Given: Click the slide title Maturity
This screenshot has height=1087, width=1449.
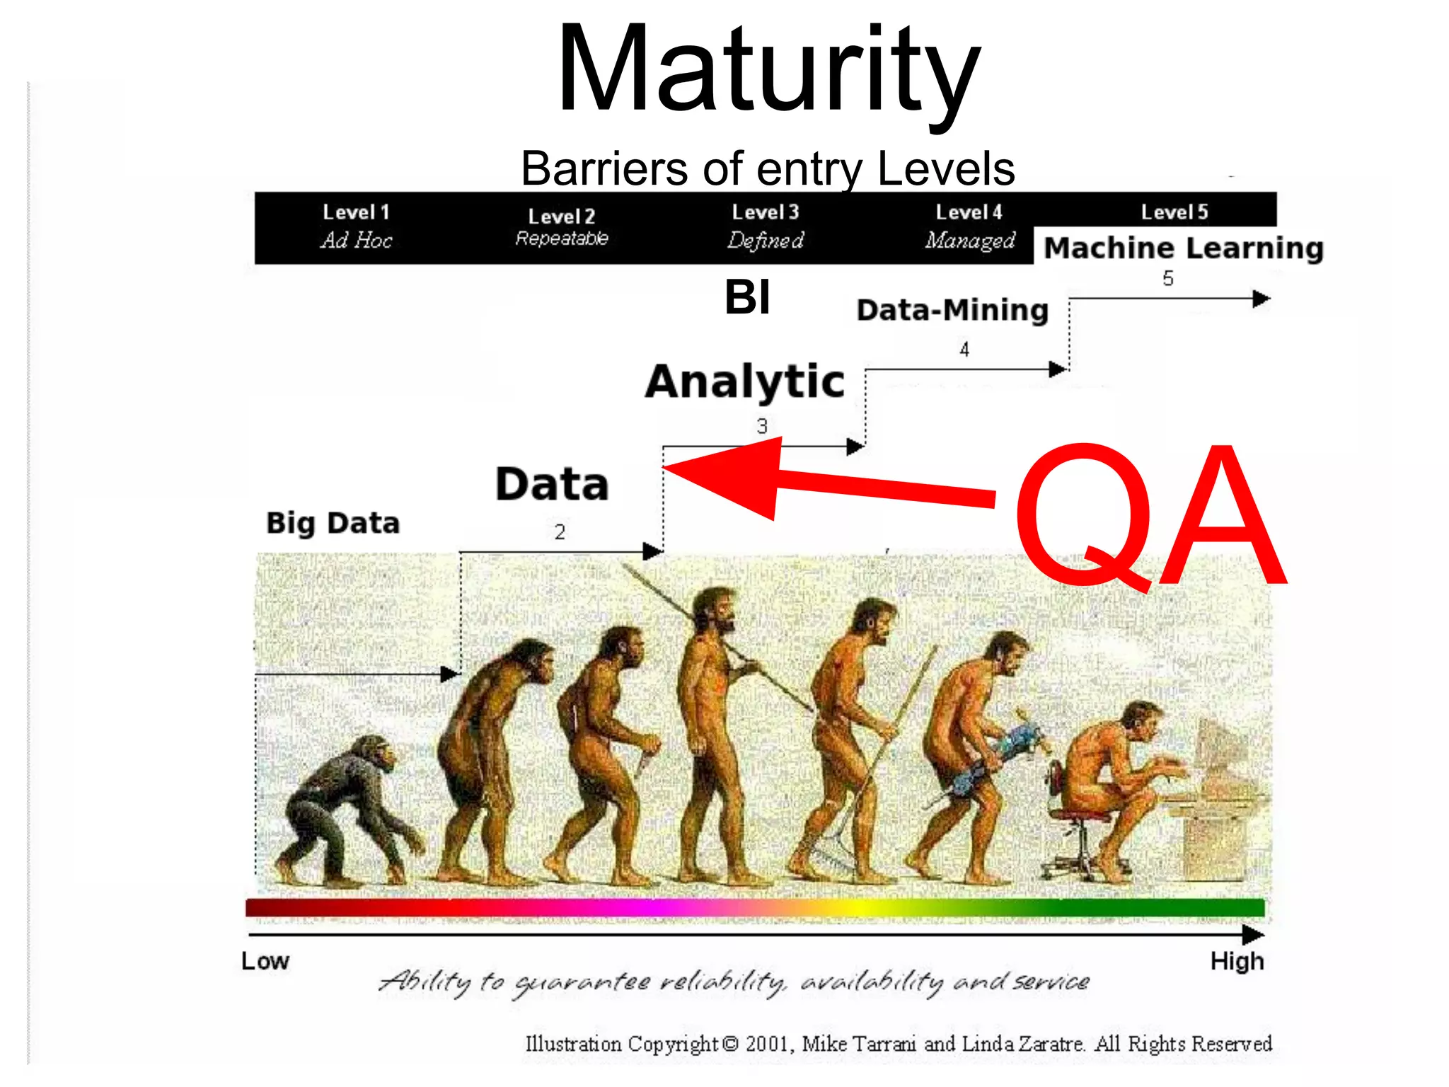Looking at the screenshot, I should point(768,71).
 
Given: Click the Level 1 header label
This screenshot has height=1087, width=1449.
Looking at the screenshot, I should point(356,212).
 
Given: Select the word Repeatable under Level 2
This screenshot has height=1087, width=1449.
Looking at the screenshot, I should point(562,238).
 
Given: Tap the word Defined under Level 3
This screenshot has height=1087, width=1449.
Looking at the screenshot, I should point(766,241).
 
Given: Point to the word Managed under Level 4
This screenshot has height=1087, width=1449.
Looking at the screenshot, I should point(969,241).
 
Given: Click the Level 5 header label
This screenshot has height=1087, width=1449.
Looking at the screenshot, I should point(1174,212).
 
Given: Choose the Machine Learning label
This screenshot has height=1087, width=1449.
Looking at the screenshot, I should point(1184,248).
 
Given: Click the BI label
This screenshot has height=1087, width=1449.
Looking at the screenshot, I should point(747,297).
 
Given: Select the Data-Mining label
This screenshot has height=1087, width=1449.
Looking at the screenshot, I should point(952,311).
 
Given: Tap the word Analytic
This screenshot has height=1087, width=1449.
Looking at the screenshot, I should point(745,382).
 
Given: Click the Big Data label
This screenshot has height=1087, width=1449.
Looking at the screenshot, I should point(333,523).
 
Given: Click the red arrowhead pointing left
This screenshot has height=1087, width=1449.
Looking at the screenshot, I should point(729,478).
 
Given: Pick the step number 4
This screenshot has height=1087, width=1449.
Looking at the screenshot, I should point(964,349).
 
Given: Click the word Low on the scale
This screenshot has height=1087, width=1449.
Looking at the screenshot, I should point(265,961).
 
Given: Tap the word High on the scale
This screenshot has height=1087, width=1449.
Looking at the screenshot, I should point(1237,961).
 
